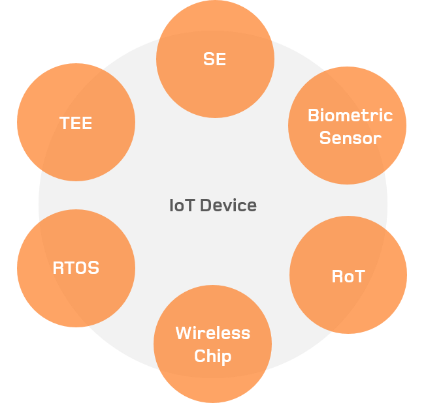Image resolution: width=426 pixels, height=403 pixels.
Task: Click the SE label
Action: coord(214,59)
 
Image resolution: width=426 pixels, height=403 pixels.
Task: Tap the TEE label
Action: coord(76,123)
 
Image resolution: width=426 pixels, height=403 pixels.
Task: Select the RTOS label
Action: coord(76,267)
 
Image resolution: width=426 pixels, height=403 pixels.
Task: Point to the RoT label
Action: coord(348,276)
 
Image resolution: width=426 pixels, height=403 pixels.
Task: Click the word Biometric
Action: coord(350,116)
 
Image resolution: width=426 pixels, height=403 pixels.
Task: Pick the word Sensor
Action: coord(350,138)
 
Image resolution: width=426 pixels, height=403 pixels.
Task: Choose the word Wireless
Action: coord(212,333)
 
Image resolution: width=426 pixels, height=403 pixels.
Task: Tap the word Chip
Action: coord(212,357)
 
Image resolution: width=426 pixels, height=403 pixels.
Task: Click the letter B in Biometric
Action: coord(313,116)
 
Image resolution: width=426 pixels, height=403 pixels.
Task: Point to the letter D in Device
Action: coord(205,206)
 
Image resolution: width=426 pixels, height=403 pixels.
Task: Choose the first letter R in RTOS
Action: coord(58,267)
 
